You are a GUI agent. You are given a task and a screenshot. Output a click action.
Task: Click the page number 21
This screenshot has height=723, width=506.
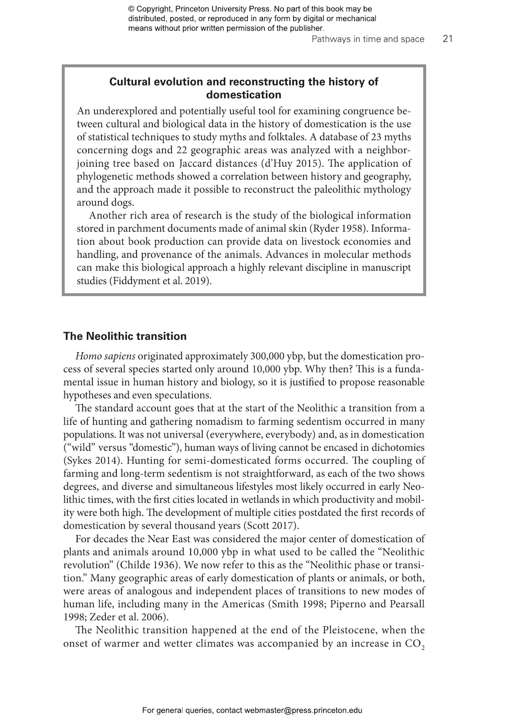pos(447,39)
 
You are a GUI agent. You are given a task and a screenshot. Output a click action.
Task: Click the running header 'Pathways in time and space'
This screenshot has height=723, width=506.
pos(368,39)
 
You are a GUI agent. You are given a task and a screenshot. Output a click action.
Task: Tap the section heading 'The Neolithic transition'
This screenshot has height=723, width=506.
pos(125,336)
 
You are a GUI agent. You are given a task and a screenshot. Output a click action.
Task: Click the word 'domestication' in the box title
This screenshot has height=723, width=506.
pos(244,95)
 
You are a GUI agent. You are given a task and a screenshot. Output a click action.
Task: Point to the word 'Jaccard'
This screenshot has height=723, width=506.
pos(194,163)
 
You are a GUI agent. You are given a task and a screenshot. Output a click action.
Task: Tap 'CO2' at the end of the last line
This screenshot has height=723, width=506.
pos(415,644)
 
